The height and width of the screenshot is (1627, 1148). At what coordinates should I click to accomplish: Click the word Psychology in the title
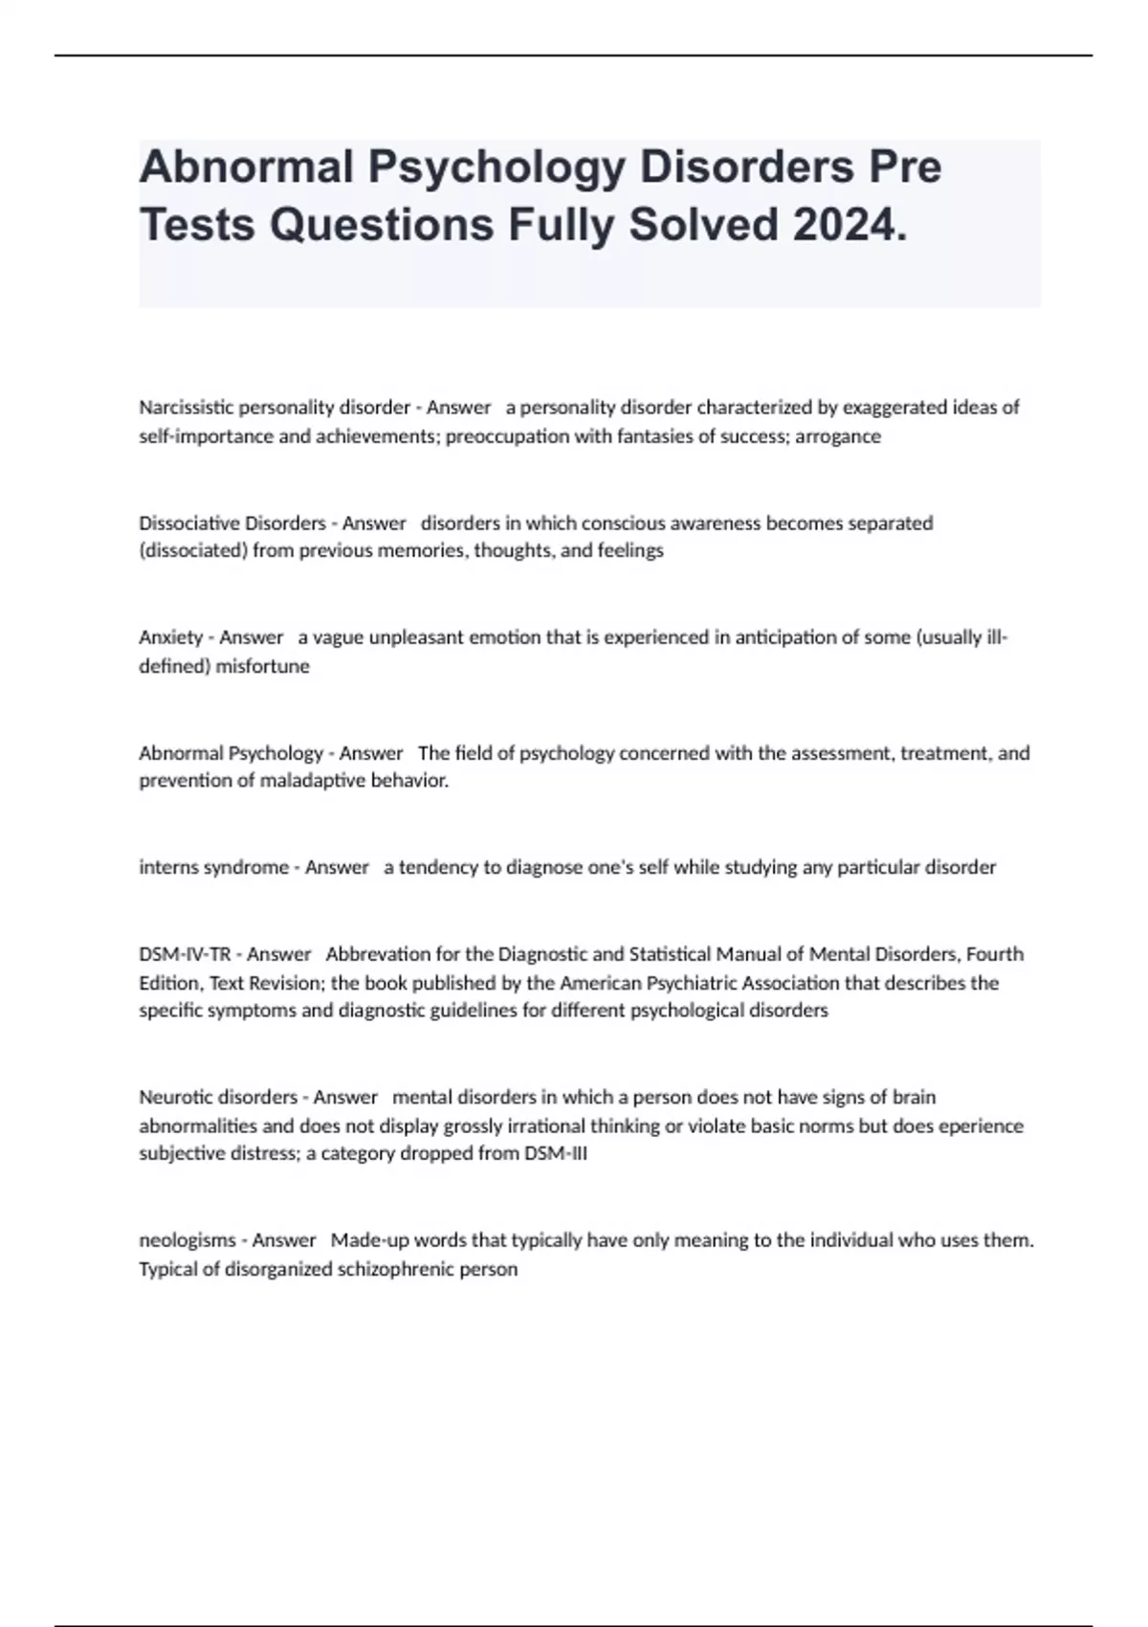496,167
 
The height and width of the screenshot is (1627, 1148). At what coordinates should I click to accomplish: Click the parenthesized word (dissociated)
193,551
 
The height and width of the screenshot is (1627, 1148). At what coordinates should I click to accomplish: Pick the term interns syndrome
213,867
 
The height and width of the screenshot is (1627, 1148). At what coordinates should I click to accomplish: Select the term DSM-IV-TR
185,954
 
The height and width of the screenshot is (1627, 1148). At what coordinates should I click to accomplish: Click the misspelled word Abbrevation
378,954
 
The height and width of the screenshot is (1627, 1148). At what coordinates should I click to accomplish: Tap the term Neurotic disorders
218,1097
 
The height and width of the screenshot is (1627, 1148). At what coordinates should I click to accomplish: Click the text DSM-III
556,1154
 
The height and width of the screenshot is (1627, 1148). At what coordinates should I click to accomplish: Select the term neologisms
186,1240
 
